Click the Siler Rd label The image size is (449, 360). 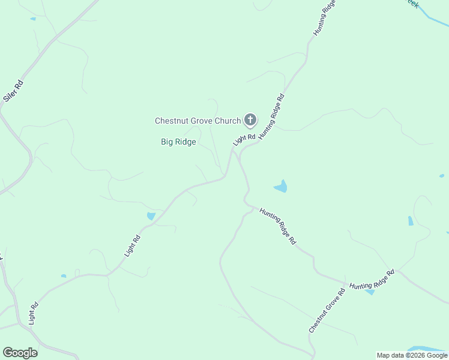click(x=13, y=91)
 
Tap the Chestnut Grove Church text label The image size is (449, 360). click(x=197, y=121)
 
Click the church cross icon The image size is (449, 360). click(x=250, y=121)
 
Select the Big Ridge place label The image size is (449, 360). click(x=178, y=142)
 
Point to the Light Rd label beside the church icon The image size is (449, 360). click(x=244, y=139)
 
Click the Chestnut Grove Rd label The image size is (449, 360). click(x=327, y=311)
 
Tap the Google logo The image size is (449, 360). click(x=20, y=353)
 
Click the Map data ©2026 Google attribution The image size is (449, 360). click(x=412, y=355)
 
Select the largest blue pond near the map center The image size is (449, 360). click(x=281, y=187)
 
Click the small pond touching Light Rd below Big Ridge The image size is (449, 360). click(x=151, y=216)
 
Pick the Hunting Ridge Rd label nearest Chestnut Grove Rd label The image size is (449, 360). click(x=372, y=280)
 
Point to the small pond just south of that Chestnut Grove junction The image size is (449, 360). click(x=370, y=292)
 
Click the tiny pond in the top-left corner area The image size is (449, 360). click(x=32, y=19)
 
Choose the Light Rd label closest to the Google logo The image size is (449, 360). click(x=34, y=313)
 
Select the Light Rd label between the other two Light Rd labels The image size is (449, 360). click(x=132, y=245)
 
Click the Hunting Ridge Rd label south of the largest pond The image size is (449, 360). click(x=278, y=226)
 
